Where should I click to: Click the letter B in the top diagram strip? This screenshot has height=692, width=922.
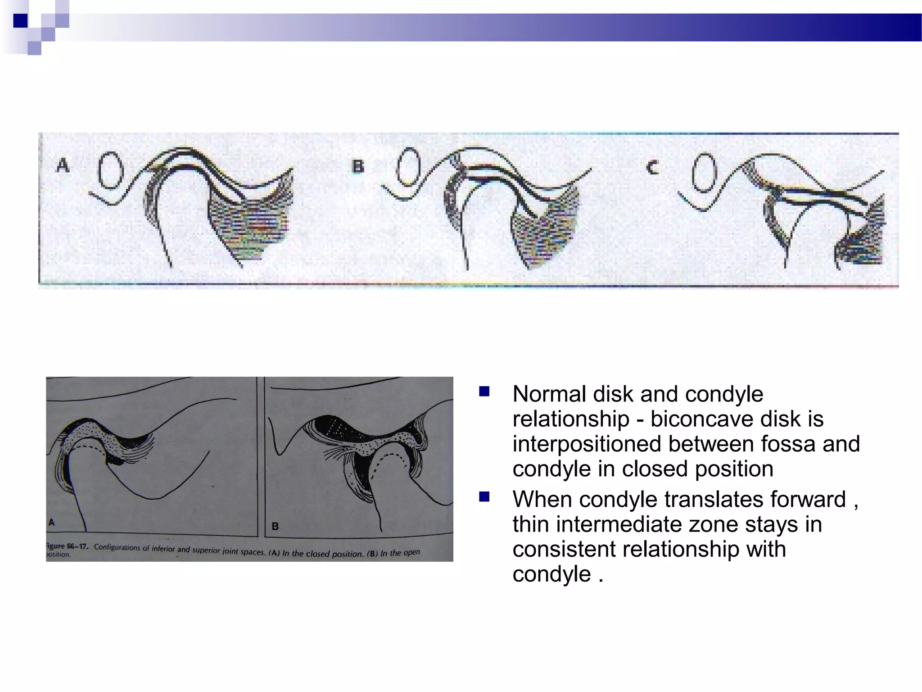pos(358,167)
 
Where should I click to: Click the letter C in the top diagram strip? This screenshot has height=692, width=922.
pos(652,168)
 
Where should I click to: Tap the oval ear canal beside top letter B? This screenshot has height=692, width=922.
pos(408,167)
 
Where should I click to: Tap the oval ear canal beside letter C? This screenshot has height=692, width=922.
pos(704,173)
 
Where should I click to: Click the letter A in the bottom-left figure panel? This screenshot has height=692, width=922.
pos(52,522)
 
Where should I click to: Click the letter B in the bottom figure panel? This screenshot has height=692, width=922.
pos(275,526)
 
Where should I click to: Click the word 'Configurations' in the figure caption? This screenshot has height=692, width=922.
pos(117,547)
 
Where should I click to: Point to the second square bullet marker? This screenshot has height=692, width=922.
pos(484,497)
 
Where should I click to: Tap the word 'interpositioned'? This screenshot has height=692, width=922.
pos(587,444)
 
